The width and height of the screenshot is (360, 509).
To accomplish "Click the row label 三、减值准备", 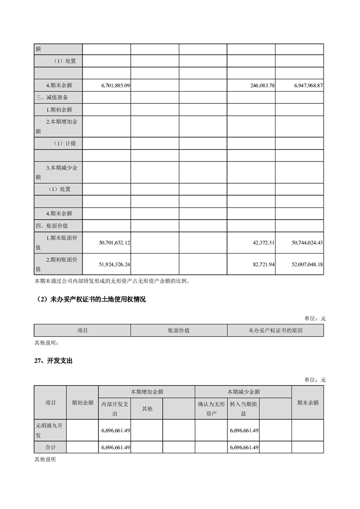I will coord(52,98).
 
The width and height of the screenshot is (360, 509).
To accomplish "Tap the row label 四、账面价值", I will coord(52,225).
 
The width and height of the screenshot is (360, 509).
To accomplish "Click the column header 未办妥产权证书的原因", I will coord(275,331).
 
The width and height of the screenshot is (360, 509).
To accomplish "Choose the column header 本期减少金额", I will coord(243,392).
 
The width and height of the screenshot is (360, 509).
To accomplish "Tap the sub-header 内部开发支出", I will coord(114,409).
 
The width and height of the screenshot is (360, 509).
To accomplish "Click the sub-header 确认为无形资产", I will coord(211,409).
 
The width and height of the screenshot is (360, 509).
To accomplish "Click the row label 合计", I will coord(50,447).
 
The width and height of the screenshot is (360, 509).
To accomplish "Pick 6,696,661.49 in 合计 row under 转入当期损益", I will coord(244,448).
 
